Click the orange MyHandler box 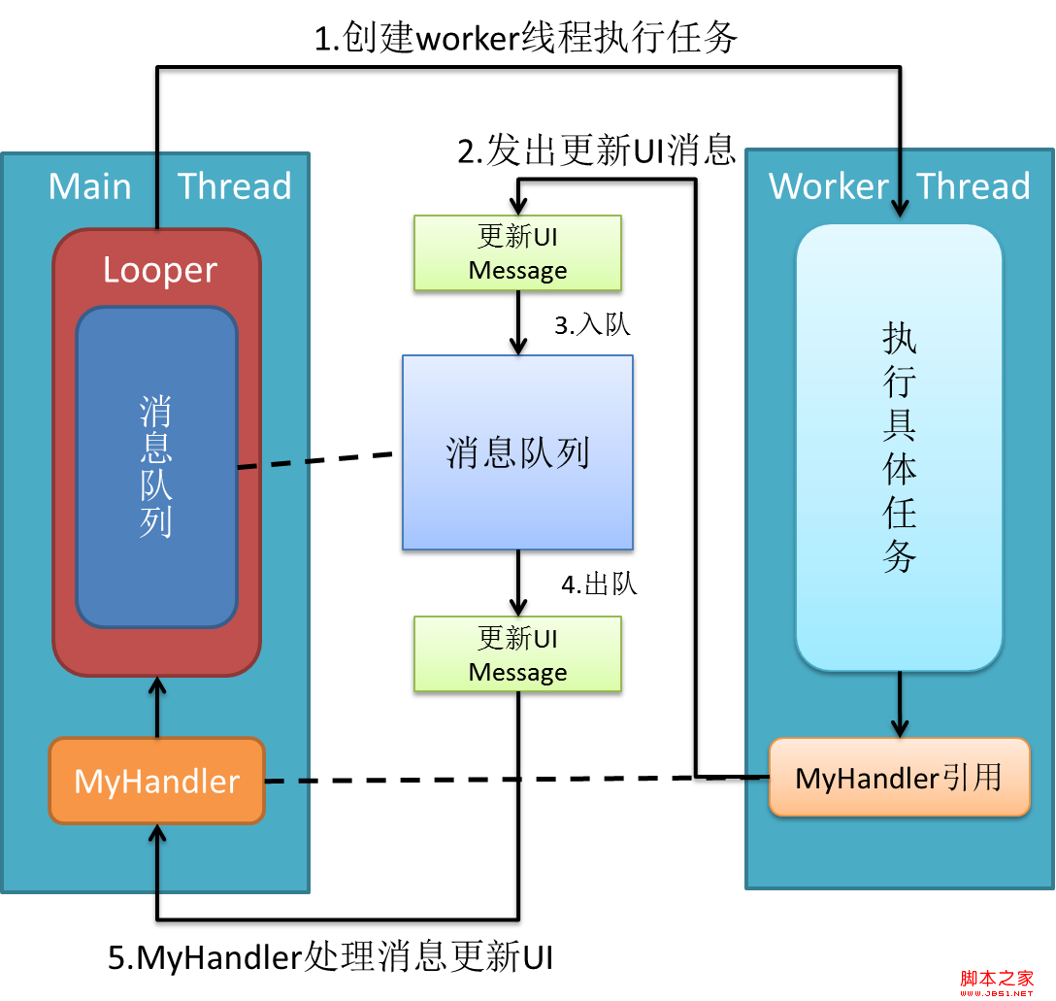(156, 781)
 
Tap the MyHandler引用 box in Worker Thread (899, 778)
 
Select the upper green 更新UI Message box (517, 253)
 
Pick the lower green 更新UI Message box (517, 654)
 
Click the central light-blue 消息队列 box (517, 452)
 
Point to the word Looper (160, 270)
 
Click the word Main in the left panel (90, 185)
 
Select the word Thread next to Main (235, 185)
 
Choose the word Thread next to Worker (973, 185)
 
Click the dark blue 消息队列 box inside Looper (156, 467)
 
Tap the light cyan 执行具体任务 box (899, 448)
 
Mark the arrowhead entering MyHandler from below (157, 834)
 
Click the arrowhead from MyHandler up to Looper (157, 686)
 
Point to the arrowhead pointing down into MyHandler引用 (900, 727)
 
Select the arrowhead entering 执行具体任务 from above (900, 208)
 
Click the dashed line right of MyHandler (287, 781)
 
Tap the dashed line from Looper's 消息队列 (273, 465)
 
